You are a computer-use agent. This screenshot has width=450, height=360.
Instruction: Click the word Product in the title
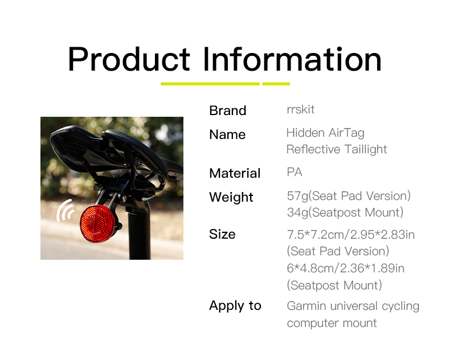129,59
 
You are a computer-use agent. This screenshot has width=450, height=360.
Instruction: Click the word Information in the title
292,59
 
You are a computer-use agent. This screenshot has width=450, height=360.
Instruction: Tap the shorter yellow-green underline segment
276,84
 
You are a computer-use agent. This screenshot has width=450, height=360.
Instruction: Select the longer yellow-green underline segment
210,84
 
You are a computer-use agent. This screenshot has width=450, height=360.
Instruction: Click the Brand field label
228,111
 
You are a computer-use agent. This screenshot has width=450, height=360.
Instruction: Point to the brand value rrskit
301,110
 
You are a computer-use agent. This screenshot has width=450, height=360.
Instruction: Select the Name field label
228,134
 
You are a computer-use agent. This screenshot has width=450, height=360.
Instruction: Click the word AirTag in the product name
346,133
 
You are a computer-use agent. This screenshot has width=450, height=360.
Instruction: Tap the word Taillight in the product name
366,149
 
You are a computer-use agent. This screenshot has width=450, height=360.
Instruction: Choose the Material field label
235,173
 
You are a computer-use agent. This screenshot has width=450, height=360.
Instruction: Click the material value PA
294,172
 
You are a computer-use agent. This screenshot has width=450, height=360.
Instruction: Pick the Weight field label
231,197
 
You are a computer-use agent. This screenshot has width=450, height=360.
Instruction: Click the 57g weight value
297,196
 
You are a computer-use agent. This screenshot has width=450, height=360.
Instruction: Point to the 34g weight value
297,212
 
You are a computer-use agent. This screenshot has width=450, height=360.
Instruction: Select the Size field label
222,234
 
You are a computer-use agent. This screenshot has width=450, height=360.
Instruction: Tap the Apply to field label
235,306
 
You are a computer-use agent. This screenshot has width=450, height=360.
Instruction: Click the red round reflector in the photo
97,224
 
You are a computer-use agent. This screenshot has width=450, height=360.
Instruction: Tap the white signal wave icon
65,210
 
